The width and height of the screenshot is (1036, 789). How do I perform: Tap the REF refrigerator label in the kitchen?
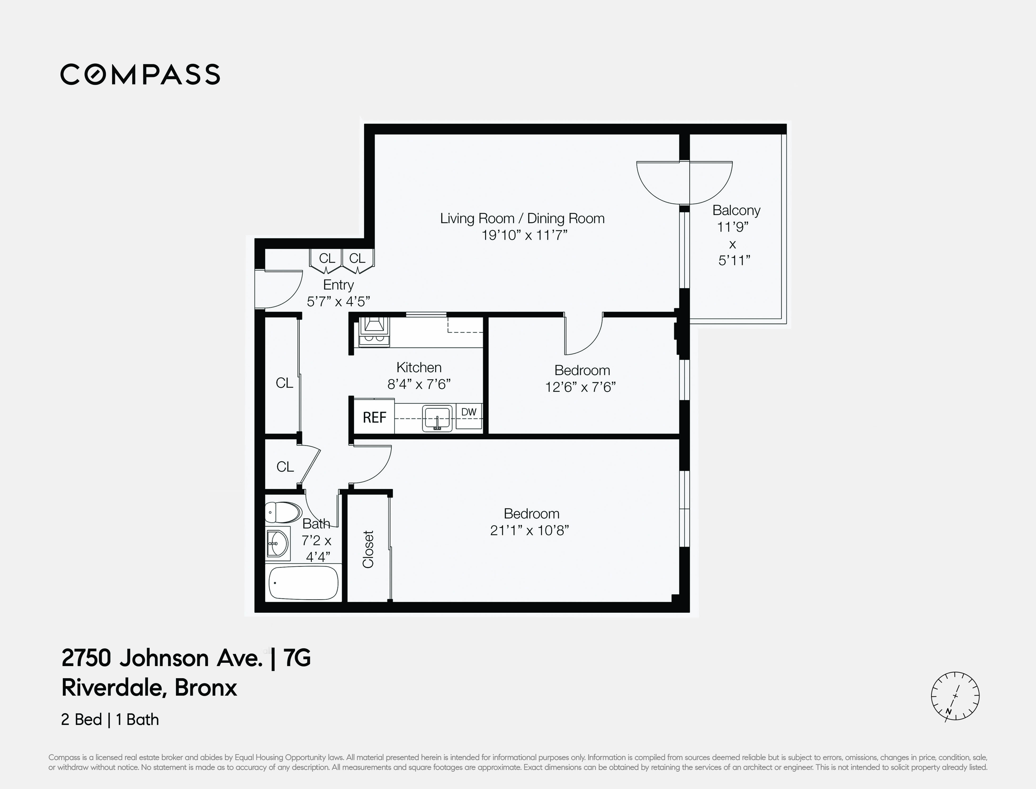(374, 417)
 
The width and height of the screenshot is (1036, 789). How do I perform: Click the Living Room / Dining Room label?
(522, 218)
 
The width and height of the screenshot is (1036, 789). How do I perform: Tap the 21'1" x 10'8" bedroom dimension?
(529, 530)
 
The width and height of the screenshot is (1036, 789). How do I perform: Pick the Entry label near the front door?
(338, 285)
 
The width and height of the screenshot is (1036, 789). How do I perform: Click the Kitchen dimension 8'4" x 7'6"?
(419, 384)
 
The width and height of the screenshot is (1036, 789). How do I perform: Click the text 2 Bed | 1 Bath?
(110, 719)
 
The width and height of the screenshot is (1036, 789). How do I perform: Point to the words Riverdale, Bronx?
(149, 688)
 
